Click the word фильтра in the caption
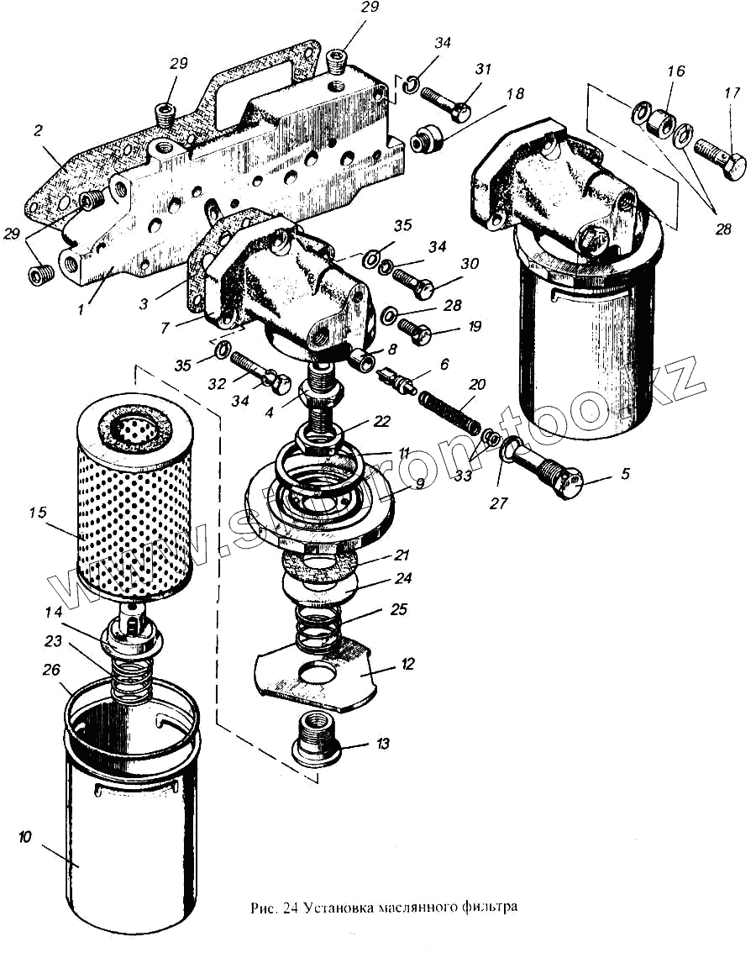[487, 908]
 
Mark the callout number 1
[81, 310]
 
